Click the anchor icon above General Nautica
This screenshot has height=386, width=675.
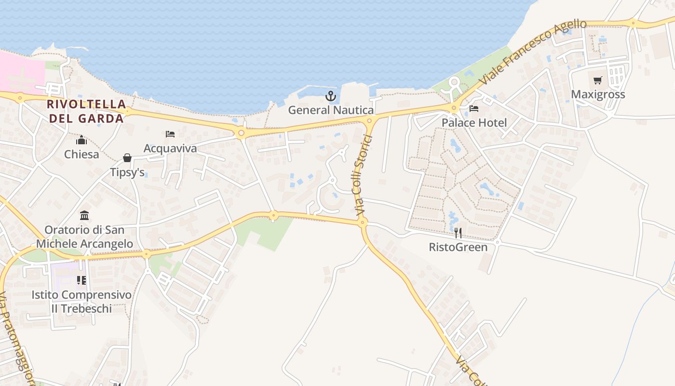tap(330, 96)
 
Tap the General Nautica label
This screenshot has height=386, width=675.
tap(331, 110)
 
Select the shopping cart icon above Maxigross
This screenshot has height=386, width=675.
tap(598, 81)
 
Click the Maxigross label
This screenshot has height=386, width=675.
tap(598, 94)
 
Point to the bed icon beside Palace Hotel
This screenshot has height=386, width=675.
tap(474, 109)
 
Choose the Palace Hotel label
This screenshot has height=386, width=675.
tap(474, 123)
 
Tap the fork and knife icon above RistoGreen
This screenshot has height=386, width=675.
tap(458, 233)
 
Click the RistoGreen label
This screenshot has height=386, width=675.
tap(458, 248)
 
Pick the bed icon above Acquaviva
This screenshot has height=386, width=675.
tap(170, 134)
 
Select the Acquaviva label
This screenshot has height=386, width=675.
tap(170, 148)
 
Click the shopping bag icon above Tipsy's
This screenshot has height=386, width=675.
tap(127, 158)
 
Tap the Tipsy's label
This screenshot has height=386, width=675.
tap(127, 172)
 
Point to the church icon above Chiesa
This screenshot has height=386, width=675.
tap(81, 140)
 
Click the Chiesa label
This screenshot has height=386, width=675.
tap(81, 154)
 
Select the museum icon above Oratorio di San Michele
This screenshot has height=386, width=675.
tap(84, 215)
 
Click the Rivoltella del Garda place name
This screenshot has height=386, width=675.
tap(87, 111)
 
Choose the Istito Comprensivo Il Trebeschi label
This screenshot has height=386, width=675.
tap(81, 302)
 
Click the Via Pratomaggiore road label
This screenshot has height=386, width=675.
tap(14, 338)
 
